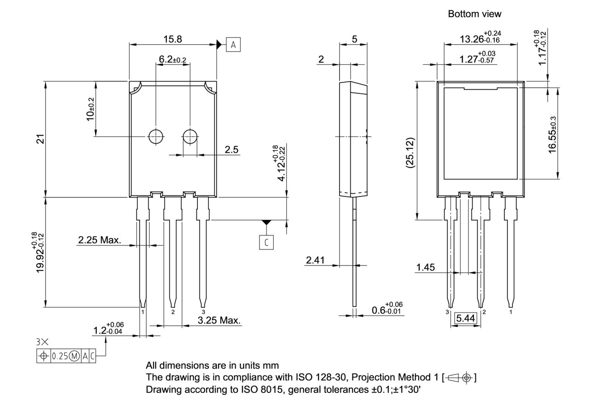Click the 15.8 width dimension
(x=172, y=40)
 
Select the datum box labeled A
(x=233, y=45)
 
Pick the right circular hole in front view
(x=190, y=136)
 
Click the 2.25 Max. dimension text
(x=99, y=240)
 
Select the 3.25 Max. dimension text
(x=219, y=320)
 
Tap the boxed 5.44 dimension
(x=466, y=318)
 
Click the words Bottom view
(x=474, y=14)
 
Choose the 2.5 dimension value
(x=231, y=150)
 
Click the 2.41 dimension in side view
(x=316, y=260)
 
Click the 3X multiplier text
(x=42, y=342)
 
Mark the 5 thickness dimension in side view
(x=354, y=40)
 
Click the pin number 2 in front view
(x=173, y=312)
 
